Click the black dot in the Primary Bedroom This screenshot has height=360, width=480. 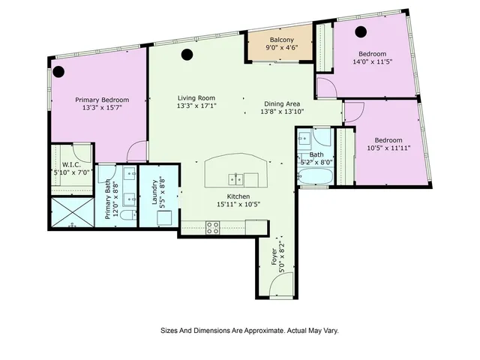[58, 72]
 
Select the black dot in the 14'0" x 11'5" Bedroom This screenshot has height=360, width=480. [361, 31]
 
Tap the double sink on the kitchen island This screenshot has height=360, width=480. [235, 178]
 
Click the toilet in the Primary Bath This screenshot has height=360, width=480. [128, 215]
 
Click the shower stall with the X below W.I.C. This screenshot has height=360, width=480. [70, 214]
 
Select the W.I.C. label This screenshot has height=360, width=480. [71, 164]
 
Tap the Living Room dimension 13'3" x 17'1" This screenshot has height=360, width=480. [196, 106]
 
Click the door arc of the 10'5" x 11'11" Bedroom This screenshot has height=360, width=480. [353, 112]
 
